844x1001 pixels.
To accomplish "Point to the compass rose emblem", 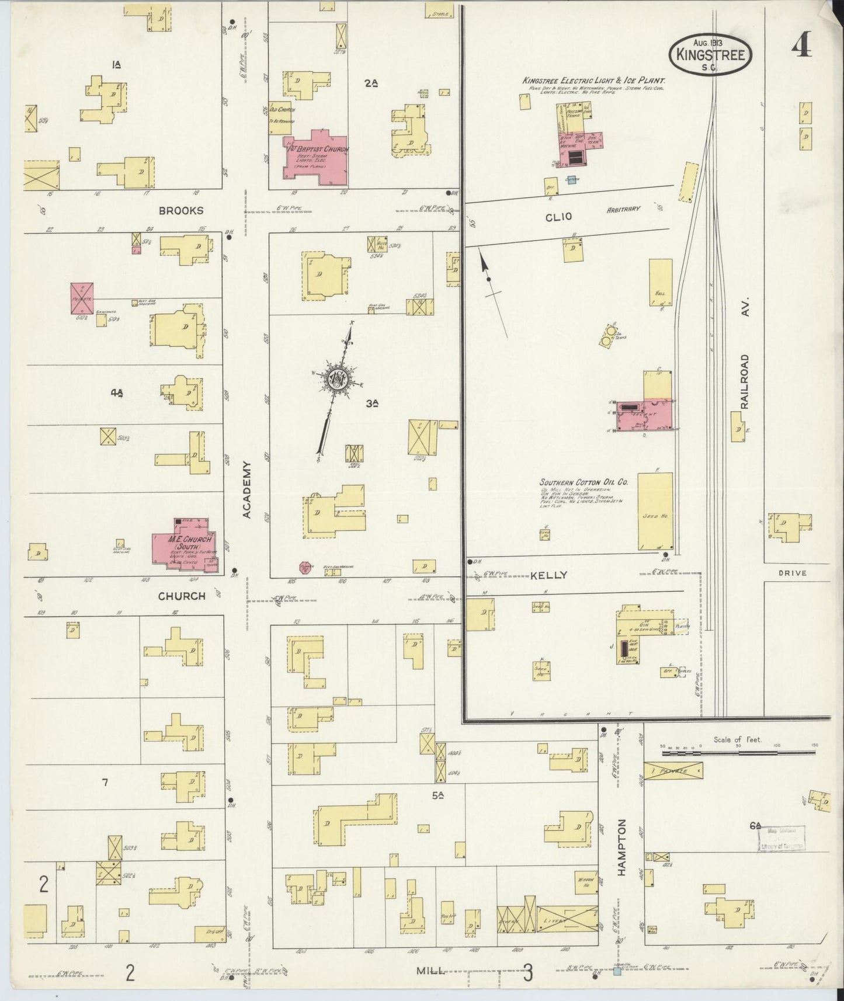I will tap(338, 378).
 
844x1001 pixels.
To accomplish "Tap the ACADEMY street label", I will tap(246, 489).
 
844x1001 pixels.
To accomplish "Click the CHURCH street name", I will tap(182, 596).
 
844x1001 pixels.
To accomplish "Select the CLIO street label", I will tap(559, 217).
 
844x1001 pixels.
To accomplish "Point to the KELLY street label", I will tap(548, 575).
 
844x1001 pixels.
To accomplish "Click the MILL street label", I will tap(431, 971).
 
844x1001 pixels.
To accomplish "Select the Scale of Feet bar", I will tap(737, 752).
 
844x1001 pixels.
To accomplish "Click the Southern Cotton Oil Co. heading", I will tap(583, 482).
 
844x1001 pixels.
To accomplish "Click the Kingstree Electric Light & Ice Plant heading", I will tap(594, 81).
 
